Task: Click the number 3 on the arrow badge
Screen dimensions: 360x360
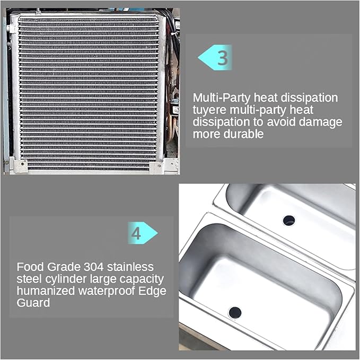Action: point(223,58)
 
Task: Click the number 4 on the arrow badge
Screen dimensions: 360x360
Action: point(136,233)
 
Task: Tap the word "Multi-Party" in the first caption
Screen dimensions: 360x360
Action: point(222,98)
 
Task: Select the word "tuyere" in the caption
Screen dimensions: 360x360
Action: point(209,110)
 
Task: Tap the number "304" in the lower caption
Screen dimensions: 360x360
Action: point(94,267)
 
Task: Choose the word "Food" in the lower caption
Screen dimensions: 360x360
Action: point(30,267)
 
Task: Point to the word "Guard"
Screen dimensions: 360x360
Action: point(33,303)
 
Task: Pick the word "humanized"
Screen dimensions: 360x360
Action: point(46,291)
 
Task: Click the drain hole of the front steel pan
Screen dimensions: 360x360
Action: point(235,312)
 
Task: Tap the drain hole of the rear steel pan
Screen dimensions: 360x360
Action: point(289,221)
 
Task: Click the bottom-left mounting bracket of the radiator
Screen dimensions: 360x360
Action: point(20,165)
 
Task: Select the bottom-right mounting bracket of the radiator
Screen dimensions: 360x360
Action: point(156,167)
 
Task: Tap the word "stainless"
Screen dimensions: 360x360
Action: point(130,267)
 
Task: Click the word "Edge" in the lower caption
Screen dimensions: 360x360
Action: point(152,292)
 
